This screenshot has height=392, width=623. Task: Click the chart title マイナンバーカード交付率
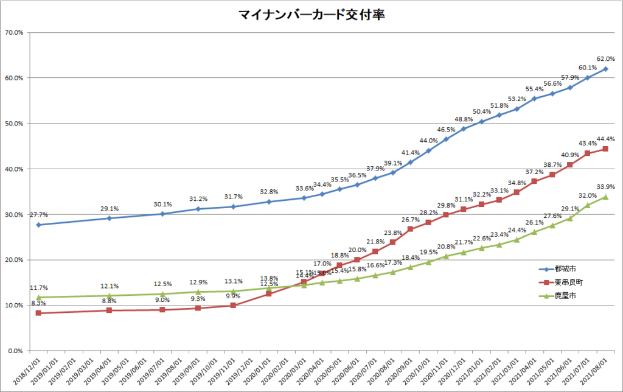coord(311,14)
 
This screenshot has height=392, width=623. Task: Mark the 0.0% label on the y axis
coord(15,351)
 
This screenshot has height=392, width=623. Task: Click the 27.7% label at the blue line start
coord(38,215)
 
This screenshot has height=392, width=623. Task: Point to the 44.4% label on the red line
coord(605,139)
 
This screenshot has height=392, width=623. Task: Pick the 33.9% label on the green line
coord(605,187)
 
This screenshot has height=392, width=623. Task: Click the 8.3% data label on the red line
coord(38,303)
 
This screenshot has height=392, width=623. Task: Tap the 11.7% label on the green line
coord(38,287)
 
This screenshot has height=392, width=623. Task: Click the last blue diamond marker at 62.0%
coord(605,68)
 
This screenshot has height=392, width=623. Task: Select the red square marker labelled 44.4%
coord(605,149)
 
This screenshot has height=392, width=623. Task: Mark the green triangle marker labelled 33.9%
coord(605,196)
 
